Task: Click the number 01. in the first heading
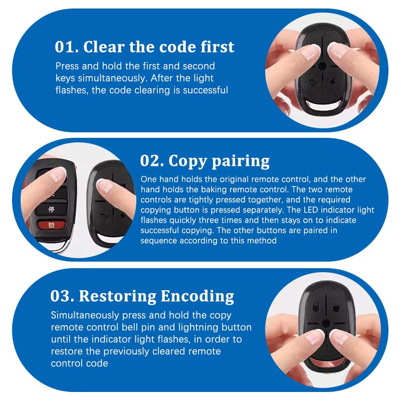(x=67, y=47)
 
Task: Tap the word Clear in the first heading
(x=104, y=47)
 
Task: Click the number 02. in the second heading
(x=152, y=161)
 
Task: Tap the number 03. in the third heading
(x=62, y=296)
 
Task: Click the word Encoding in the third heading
(x=197, y=296)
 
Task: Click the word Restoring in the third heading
(x=117, y=296)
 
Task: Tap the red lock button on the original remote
(x=52, y=225)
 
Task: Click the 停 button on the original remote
(x=52, y=210)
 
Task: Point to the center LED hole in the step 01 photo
(x=322, y=66)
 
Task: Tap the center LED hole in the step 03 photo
(x=326, y=323)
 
